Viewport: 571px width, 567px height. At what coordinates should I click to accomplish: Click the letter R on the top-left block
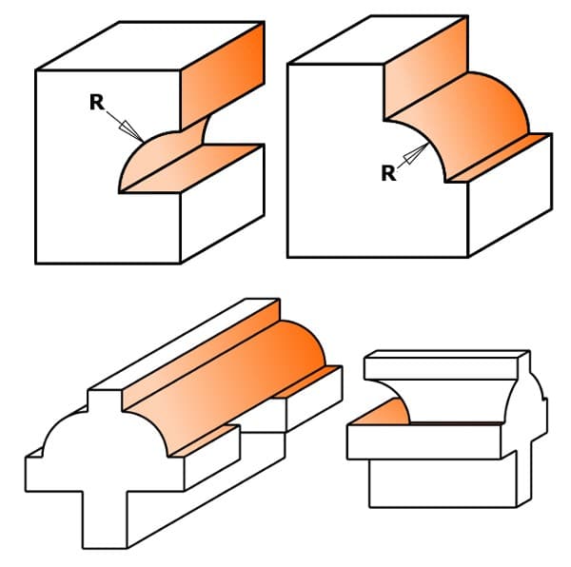click(x=96, y=102)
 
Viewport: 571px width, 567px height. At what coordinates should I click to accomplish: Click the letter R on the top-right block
click(x=388, y=173)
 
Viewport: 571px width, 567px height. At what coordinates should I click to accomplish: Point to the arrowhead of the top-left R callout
click(x=131, y=131)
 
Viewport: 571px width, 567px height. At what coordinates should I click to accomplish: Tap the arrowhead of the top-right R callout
click(x=416, y=153)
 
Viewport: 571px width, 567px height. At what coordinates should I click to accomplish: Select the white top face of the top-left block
click(x=150, y=46)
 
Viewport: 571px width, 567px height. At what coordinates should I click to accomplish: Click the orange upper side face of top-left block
click(x=223, y=76)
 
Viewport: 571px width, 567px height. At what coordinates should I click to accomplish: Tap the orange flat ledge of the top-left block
click(x=191, y=168)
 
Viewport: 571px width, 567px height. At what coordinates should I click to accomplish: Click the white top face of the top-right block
click(x=378, y=40)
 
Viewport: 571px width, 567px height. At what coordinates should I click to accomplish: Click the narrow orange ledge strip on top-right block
click(x=499, y=158)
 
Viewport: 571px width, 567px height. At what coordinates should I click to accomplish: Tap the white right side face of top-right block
click(x=510, y=195)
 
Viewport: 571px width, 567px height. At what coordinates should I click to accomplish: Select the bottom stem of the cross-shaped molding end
click(x=105, y=518)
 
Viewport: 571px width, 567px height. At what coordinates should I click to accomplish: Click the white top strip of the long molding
click(x=184, y=344)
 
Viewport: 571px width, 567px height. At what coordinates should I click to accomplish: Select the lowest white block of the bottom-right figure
click(x=443, y=483)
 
